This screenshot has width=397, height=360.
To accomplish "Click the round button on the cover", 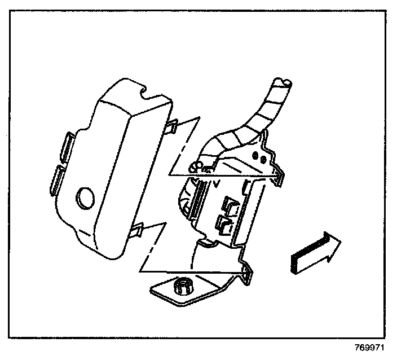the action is (x=86, y=198).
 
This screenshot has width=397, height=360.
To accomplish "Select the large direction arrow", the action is (x=316, y=252).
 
